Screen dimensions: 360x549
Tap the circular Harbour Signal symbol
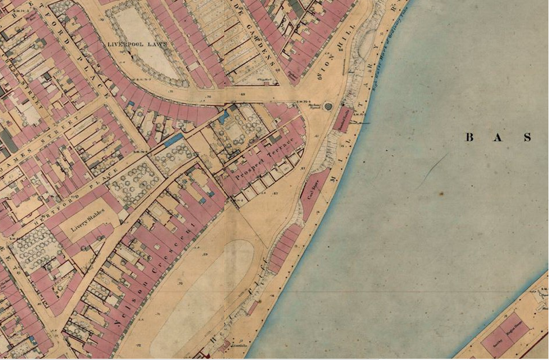point(328,106)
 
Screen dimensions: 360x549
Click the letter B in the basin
point(470,138)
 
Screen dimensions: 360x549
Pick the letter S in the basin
point(527,138)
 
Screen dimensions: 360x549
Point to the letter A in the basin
point(498,138)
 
